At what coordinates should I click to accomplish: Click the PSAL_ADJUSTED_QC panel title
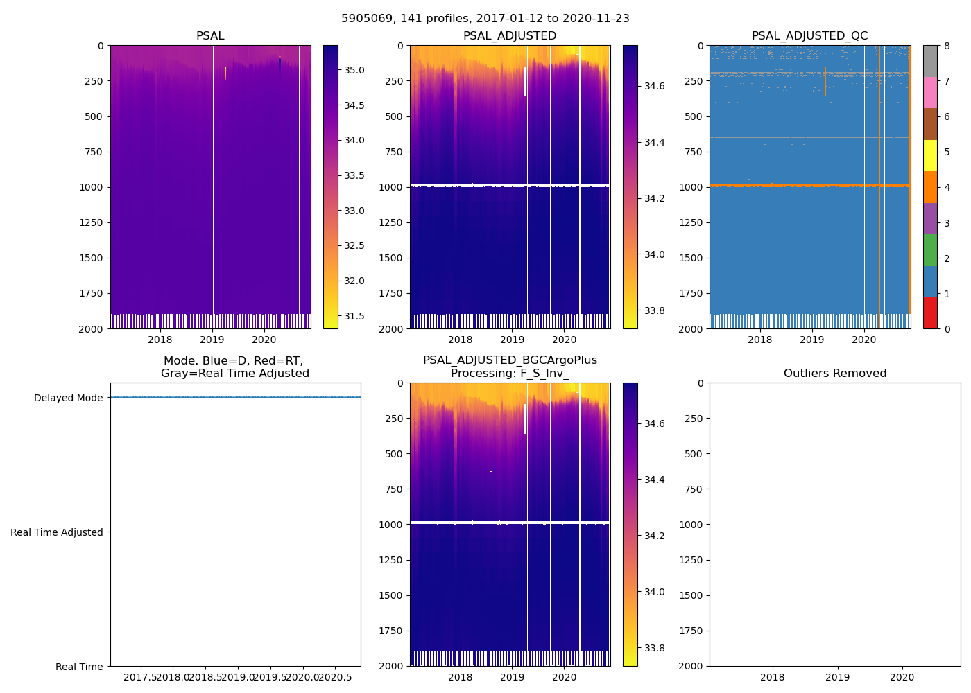coord(809,36)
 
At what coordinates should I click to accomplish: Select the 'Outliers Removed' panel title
coord(834,374)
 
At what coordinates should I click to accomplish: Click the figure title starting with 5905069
coord(486,19)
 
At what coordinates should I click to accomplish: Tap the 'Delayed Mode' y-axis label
coord(68,398)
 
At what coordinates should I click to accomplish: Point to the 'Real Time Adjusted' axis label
coord(57,532)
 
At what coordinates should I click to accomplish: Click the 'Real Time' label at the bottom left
coord(79,667)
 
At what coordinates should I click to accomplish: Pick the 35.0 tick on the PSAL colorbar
coord(354,70)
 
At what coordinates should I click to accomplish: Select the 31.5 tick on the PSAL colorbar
coord(354,316)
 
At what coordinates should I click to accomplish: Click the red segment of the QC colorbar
coord(930,313)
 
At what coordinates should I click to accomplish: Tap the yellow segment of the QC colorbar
coord(930,155)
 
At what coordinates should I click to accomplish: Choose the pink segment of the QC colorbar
coord(930,92)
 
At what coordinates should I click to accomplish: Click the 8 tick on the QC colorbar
coord(947,46)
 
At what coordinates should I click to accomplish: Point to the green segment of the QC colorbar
coord(930,249)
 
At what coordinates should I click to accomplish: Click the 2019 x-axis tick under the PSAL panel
coord(212,340)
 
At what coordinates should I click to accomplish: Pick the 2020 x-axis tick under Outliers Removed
coord(902,677)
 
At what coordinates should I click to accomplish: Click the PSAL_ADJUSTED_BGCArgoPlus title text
coord(510,360)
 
